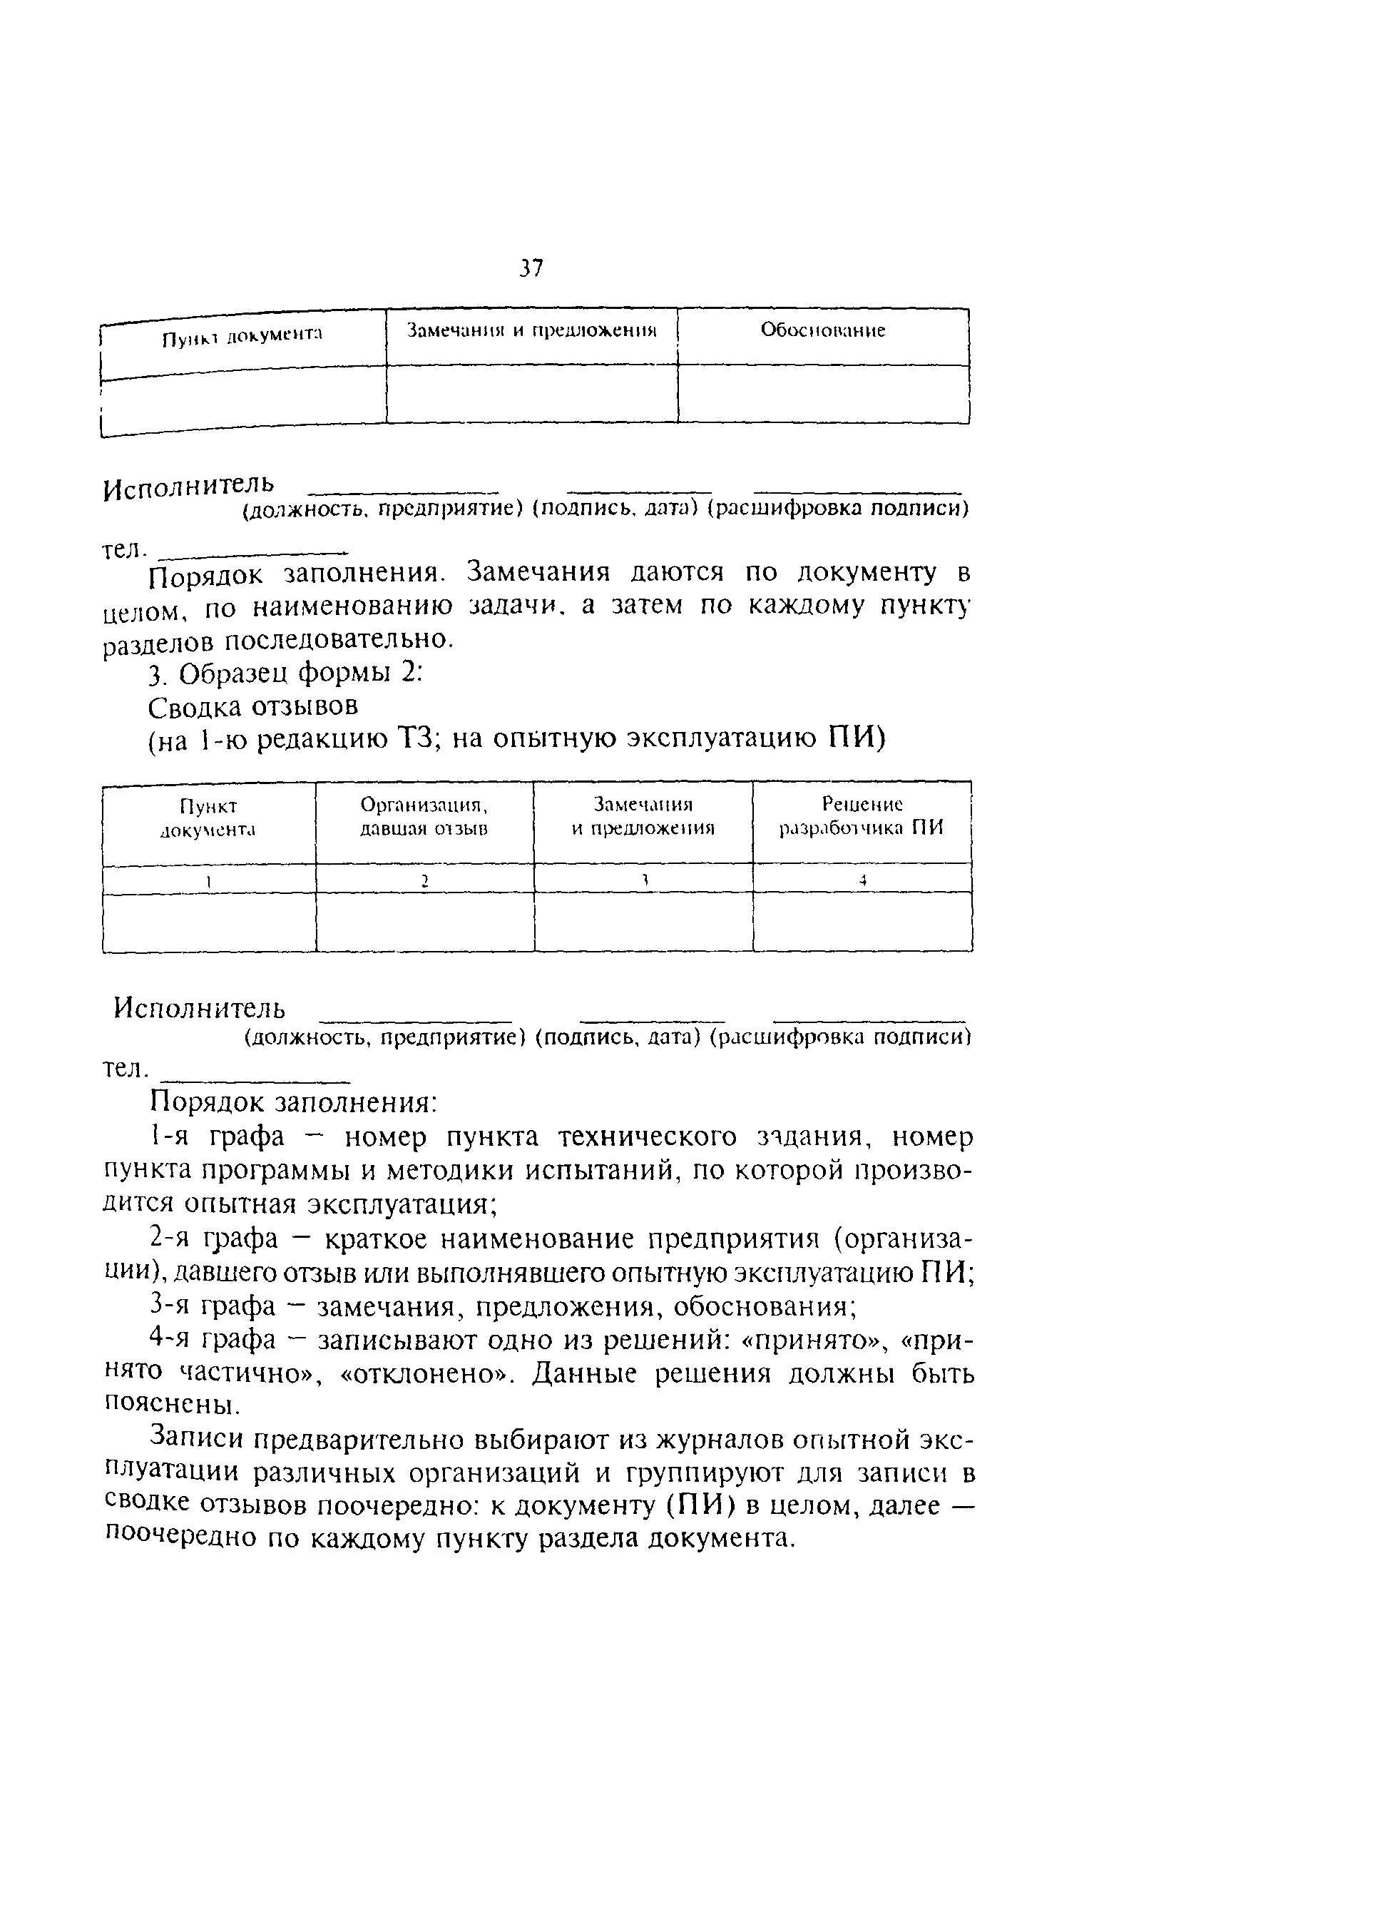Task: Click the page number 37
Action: [531, 269]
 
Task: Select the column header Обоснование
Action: [823, 330]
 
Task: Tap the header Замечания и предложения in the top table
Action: [531, 330]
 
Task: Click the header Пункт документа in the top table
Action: [243, 336]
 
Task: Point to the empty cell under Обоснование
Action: [823, 394]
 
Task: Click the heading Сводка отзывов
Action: [253, 706]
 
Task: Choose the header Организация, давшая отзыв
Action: [424, 816]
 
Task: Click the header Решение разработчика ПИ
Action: [862, 816]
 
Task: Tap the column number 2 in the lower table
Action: [424, 880]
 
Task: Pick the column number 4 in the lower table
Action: [862, 880]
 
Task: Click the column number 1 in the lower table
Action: [208, 880]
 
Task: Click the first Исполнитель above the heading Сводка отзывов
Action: [189, 487]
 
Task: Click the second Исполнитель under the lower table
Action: [200, 1007]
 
